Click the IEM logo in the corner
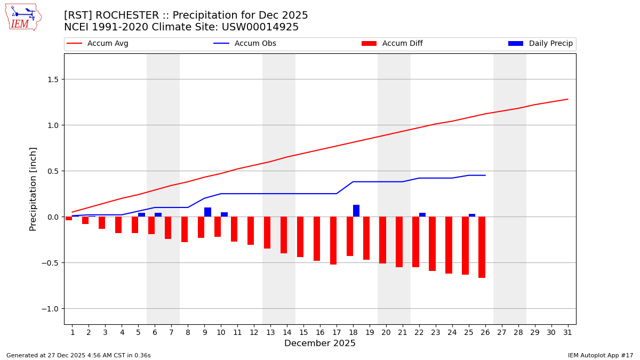(x=23, y=17)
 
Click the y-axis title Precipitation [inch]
(x=33, y=189)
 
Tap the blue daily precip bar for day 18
(x=356, y=211)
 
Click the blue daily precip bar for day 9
(x=207, y=212)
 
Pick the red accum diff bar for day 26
(x=482, y=247)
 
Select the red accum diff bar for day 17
(x=333, y=241)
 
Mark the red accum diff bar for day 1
(x=69, y=219)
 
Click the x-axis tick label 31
(x=567, y=332)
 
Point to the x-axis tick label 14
(x=287, y=332)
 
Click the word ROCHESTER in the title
(x=128, y=15)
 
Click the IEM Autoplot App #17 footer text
(x=601, y=355)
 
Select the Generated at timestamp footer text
(x=78, y=355)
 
